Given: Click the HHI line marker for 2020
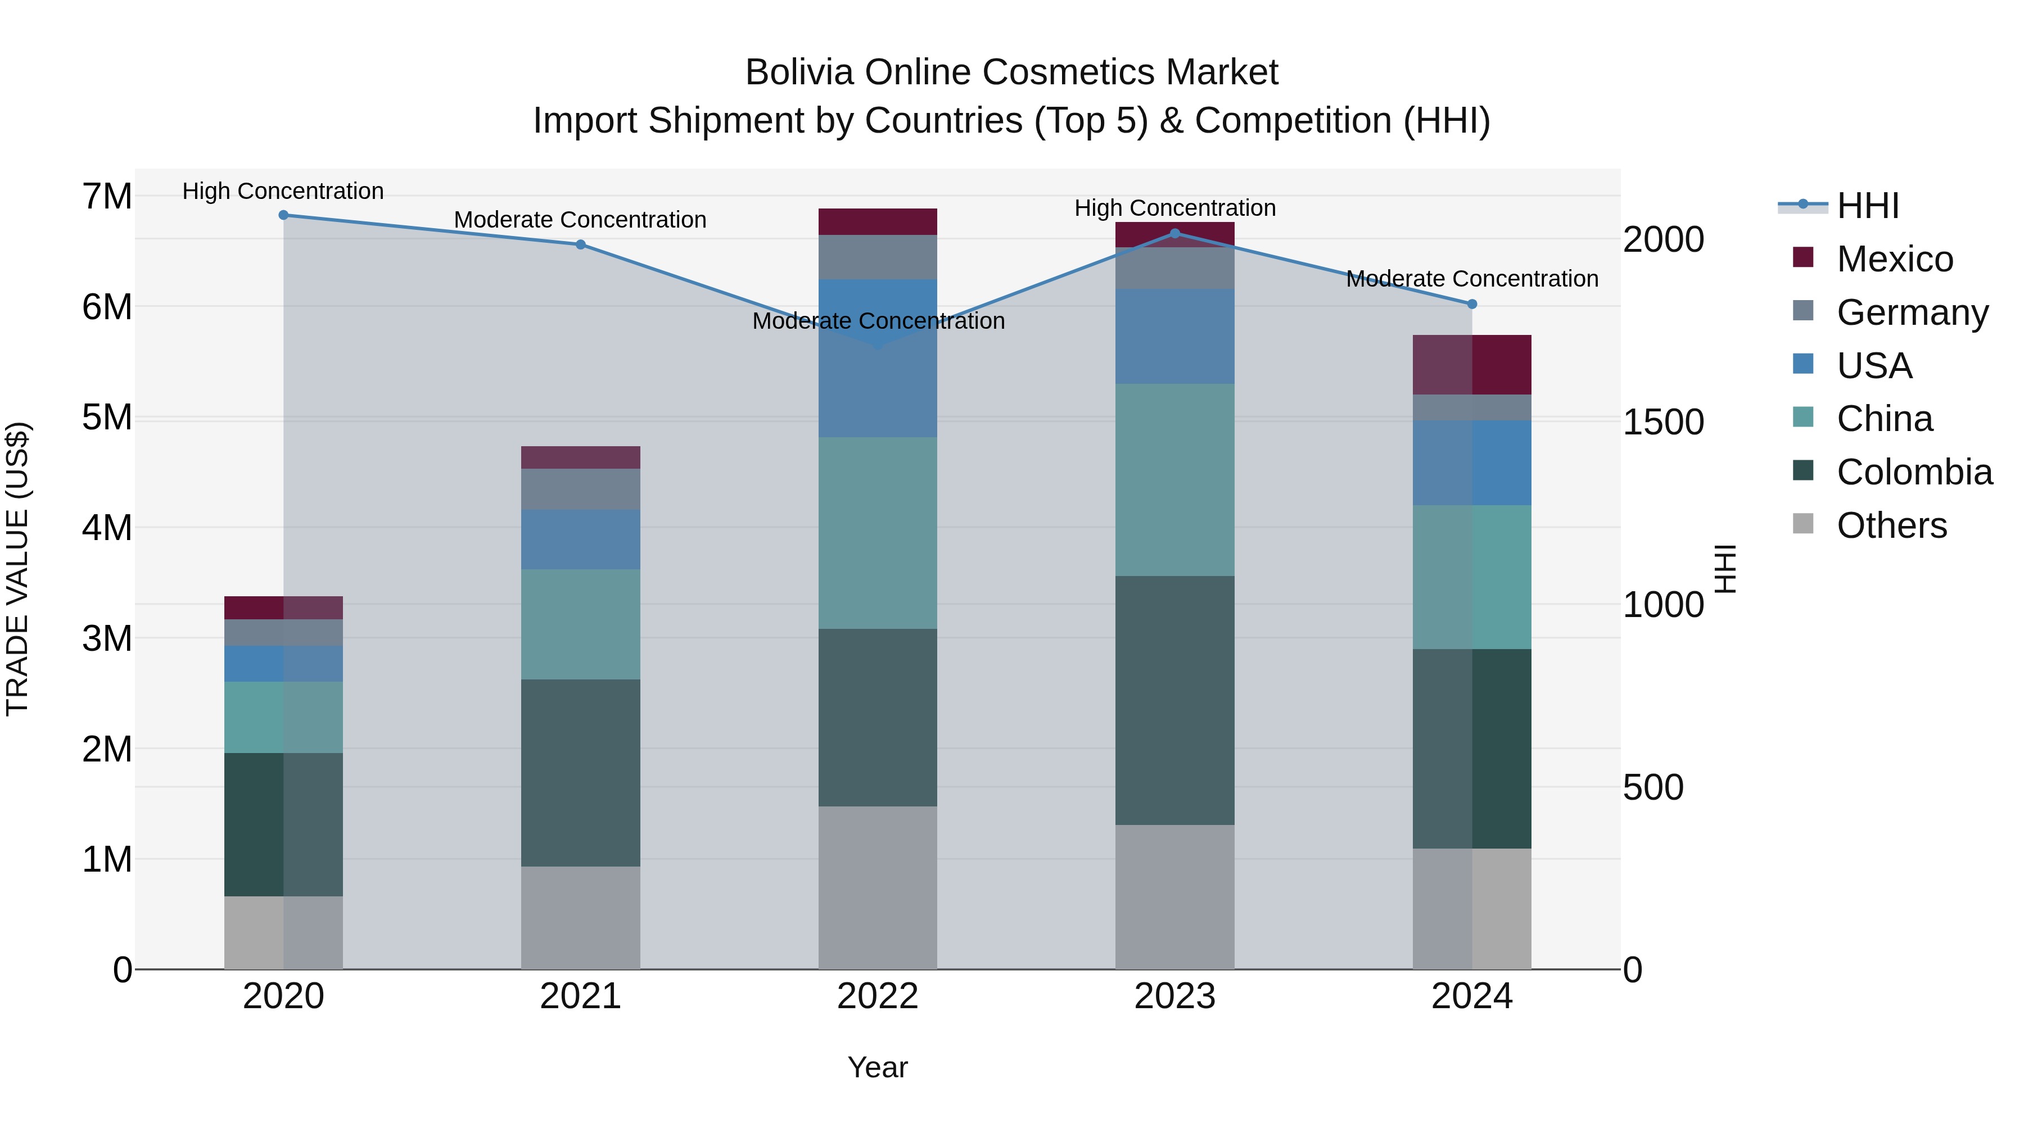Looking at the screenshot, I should click(284, 215).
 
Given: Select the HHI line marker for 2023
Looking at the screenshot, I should click(1174, 233).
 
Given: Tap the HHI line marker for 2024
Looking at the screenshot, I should click(1472, 304).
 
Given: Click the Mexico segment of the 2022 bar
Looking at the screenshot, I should click(878, 221).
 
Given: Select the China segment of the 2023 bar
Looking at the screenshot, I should click(1174, 480).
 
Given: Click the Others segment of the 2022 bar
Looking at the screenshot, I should click(878, 887).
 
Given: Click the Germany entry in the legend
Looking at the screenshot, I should click(1911, 312).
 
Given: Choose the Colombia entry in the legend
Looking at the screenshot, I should click(1913, 472).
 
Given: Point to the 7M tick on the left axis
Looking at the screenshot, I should click(107, 196).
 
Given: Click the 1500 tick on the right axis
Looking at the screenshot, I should click(1662, 423).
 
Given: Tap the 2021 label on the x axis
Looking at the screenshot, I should click(581, 996).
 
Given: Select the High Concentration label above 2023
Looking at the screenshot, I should click(1174, 208).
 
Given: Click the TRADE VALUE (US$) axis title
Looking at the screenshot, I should click(18, 569).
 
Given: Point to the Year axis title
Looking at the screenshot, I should click(878, 1067).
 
